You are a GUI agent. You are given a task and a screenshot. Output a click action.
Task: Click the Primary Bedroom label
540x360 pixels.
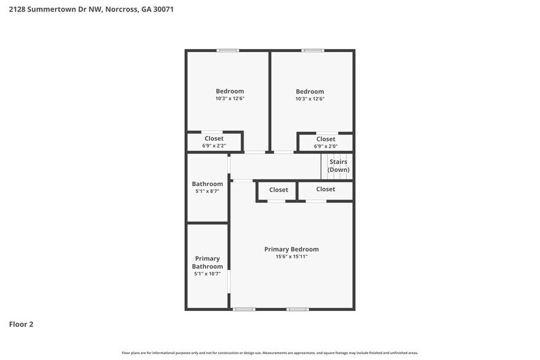(291, 249)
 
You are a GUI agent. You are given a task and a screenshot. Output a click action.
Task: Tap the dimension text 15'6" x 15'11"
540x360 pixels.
(291, 257)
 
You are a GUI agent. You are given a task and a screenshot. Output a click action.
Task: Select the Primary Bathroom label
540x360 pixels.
(208, 263)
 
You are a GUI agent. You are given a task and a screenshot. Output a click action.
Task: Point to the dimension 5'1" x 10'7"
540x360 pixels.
(208, 274)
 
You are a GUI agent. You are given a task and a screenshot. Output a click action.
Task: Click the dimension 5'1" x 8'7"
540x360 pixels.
(208, 192)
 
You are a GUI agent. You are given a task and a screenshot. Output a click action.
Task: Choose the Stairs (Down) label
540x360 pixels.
(338, 166)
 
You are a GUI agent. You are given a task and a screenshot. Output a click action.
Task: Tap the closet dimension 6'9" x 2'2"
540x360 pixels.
(214, 146)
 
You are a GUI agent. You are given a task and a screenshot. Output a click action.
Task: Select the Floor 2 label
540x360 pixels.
(21, 324)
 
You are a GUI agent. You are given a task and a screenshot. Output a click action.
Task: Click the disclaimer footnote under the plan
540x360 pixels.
(270, 353)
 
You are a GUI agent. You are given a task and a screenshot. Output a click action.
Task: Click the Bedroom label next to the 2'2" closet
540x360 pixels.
(230, 91)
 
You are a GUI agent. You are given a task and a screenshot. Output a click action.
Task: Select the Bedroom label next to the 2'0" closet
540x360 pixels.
(310, 91)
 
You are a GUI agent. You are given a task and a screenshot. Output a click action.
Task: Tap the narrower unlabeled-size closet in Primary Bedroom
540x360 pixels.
(279, 190)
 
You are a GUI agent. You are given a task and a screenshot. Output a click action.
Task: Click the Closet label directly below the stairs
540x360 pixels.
(326, 189)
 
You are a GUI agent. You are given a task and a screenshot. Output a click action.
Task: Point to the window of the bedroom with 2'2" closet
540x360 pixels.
(228, 50)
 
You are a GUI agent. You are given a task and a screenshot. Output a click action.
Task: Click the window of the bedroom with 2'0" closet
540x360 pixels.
(312, 50)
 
